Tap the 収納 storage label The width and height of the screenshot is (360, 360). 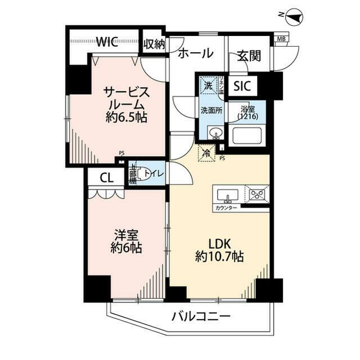pos(154,44)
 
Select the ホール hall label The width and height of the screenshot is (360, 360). pos(196,54)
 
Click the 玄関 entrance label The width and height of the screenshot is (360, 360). pos(249,56)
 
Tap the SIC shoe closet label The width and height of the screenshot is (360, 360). pos(242,86)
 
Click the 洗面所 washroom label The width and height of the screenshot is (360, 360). pos(211,110)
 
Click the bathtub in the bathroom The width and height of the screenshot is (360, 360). pos(248,136)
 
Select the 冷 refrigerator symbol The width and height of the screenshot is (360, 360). pos(206,152)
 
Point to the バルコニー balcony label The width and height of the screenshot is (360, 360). pos(201,317)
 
